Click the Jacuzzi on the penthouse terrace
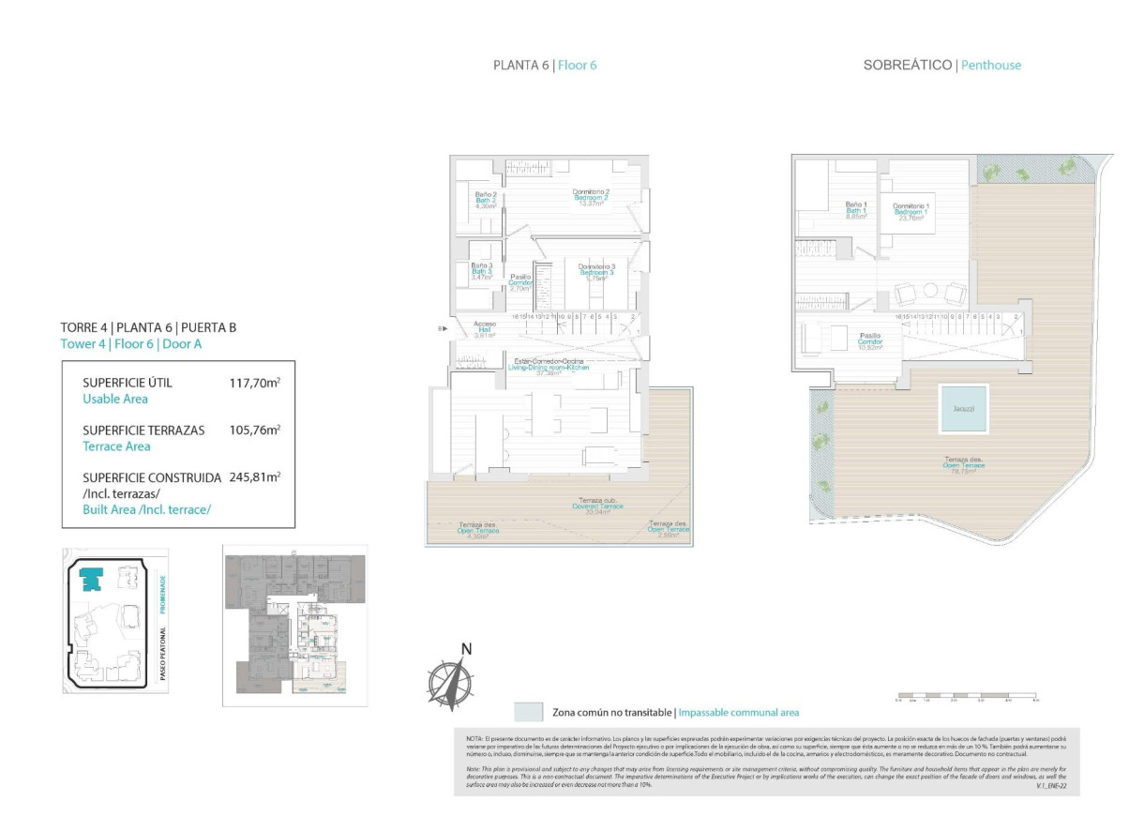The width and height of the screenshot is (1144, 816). (963, 409)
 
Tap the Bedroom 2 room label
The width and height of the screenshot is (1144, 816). (592, 198)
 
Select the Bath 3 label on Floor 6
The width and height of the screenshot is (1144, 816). (482, 271)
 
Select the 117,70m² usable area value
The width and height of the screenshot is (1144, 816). (255, 383)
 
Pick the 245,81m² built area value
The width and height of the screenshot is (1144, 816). (255, 476)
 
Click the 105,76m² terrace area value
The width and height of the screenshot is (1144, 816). (255, 430)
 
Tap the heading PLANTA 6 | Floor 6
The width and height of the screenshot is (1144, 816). (545, 66)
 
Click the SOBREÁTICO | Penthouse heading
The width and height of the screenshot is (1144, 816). (941, 66)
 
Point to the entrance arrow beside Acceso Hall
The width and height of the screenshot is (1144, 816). (444, 328)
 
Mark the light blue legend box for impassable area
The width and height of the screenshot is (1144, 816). (529, 711)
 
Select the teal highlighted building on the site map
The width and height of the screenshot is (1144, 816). (91, 580)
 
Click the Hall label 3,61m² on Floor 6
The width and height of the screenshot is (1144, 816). (485, 328)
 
